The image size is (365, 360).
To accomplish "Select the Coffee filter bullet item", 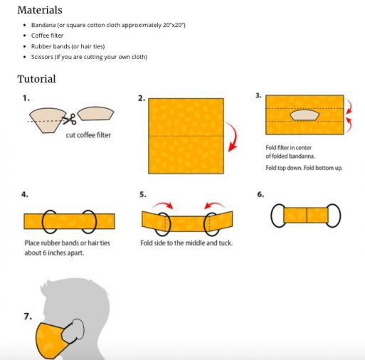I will pos(48,35).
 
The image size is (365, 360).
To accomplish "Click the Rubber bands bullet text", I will pos(51,46).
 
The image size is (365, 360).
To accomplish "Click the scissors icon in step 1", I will pos(70,120).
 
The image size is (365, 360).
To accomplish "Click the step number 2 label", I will pos(141,98).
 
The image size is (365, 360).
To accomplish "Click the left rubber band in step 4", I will pos(50,221).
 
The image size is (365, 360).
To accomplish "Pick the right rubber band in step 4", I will pos(89,221).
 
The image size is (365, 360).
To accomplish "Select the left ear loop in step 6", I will pos(278,216).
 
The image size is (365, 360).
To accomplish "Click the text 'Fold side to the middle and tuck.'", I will pos(186,243).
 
